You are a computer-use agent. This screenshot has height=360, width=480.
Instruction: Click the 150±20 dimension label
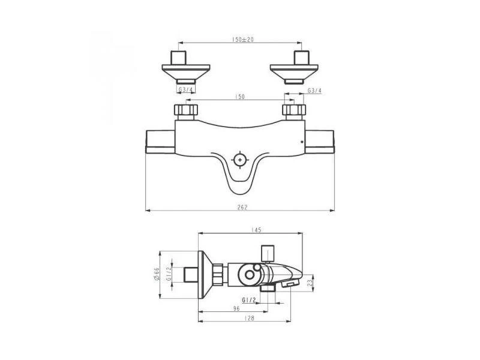(x=241, y=39)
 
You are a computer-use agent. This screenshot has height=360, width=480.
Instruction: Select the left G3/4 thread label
(x=187, y=90)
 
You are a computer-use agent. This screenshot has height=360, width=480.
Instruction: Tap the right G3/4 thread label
(x=314, y=90)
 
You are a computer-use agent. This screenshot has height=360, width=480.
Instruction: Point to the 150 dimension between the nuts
(x=241, y=96)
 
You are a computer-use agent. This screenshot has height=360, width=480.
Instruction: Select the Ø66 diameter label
(x=157, y=274)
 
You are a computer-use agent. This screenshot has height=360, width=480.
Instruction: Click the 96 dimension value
(x=236, y=308)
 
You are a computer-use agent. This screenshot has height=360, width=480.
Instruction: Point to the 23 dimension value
(x=309, y=281)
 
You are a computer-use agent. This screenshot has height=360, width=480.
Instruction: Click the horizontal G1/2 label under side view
(x=250, y=299)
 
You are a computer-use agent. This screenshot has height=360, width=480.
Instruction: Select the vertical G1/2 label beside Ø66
(x=169, y=274)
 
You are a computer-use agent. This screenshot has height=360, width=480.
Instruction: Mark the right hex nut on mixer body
(x=294, y=110)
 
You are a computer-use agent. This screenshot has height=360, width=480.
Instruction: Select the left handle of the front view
(x=160, y=142)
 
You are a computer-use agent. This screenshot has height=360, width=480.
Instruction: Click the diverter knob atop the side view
(x=267, y=252)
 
